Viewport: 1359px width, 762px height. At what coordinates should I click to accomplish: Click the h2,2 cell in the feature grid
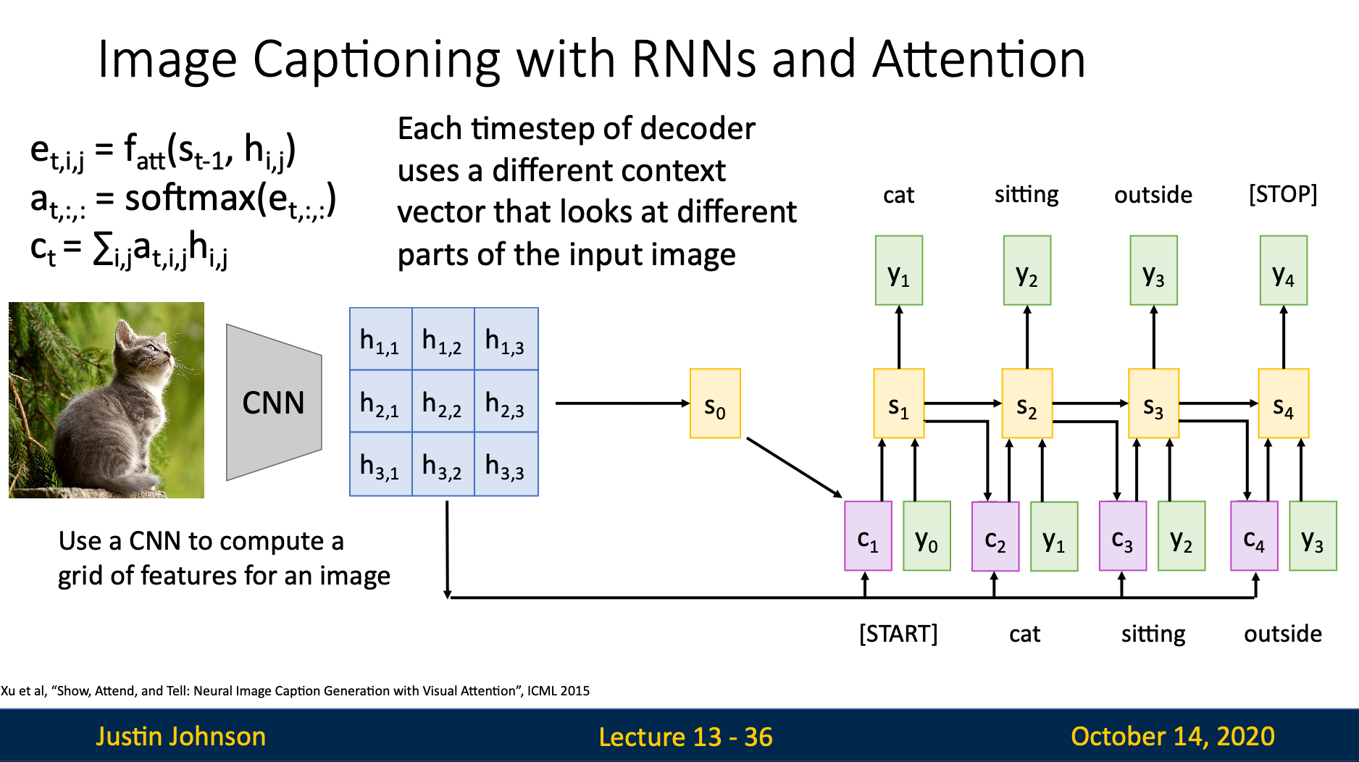click(x=443, y=401)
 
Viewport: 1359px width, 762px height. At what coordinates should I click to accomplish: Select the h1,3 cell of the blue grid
click(x=506, y=339)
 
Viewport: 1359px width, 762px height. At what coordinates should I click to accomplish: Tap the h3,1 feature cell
click(x=380, y=464)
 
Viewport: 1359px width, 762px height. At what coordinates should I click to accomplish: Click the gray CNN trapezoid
click(x=274, y=403)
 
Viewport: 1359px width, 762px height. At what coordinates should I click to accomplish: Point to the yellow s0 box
click(x=715, y=403)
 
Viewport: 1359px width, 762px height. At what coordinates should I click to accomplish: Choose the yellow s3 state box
click(x=1153, y=403)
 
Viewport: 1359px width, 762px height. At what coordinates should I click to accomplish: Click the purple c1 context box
click(x=868, y=536)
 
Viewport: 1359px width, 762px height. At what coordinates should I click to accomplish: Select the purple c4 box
click(x=1254, y=536)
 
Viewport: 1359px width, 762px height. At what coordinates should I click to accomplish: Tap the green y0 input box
click(x=927, y=536)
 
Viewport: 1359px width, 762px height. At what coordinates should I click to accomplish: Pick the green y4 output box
click(x=1283, y=270)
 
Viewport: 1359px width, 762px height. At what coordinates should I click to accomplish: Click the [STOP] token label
click(x=1283, y=194)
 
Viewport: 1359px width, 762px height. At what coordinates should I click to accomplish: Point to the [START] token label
click(x=898, y=634)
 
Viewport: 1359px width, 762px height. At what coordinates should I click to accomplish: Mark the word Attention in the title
click(x=979, y=59)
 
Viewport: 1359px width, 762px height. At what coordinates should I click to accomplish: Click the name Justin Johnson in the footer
click(x=181, y=736)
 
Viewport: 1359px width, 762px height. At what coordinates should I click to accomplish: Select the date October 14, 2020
click(x=1172, y=736)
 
